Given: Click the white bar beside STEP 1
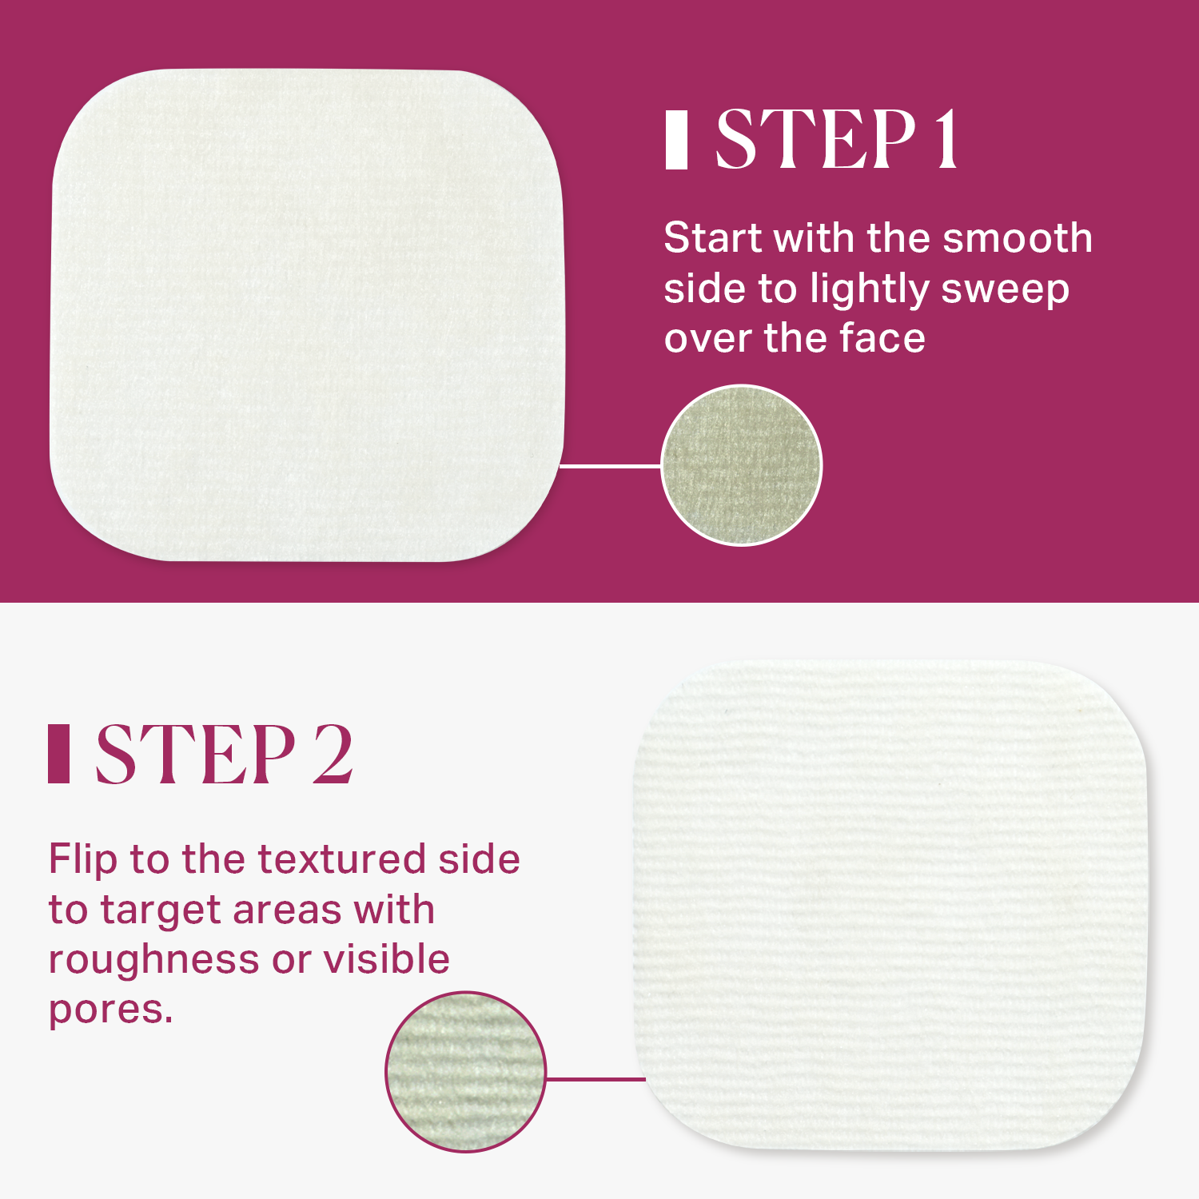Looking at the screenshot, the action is click(x=676, y=140).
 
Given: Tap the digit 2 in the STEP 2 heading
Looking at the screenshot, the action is click(x=332, y=754).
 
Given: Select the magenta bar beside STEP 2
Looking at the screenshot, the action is click(x=58, y=754).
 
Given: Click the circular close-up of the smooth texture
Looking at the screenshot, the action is click(x=742, y=465).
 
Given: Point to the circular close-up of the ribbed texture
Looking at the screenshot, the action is click(x=466, y=1072).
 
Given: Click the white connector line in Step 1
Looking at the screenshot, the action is click(x=611, y=465).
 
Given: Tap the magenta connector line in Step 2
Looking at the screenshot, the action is click(x=596, y=1079).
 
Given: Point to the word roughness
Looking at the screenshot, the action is click(x=155, y=960).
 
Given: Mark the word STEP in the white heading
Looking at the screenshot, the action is click(x=815, y=140).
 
